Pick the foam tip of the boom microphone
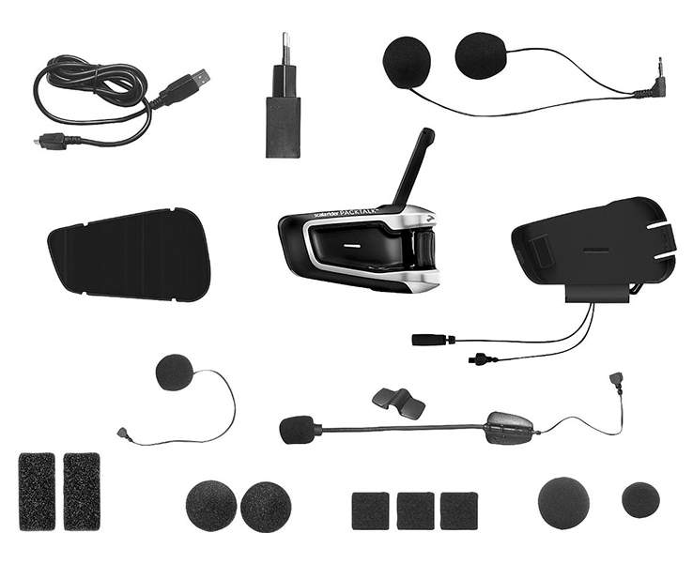[297, 430]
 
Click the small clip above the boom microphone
[398, 402]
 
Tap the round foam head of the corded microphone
[174, 373]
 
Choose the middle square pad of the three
[415, 510]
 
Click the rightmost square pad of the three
[458, 510]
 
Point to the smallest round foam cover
[640, 499]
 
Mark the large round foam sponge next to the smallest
[563, 502]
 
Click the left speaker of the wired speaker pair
[407, 62]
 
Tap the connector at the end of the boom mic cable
[616, 380]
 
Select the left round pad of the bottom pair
[211, 506]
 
